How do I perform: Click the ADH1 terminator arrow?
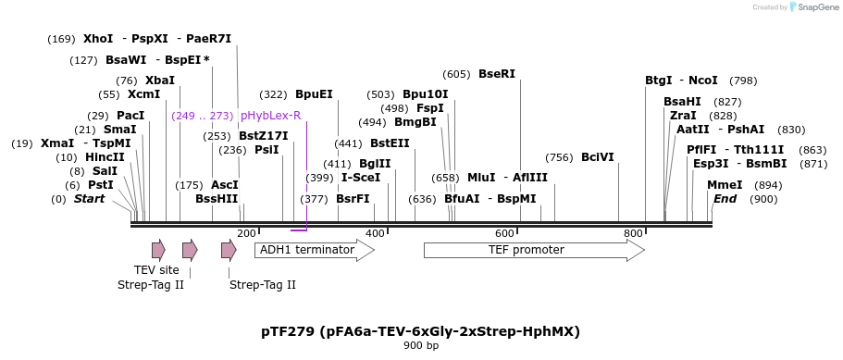pos(314,250)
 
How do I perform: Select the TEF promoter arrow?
pos(533,250)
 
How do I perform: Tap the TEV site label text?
pos(156,270)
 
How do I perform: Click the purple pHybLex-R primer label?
pos(270,116)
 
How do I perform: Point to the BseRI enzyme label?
pos(497,74)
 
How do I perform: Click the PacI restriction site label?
pos(130,116)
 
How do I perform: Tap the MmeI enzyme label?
pos(725,185)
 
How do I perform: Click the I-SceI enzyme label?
pos(361,178)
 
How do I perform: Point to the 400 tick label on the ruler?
pos(376,233)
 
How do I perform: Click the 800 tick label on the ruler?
pos(633,233)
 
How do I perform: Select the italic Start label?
pos(90,199)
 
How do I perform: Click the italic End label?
pos(725,199)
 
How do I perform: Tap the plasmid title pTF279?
pos(421,330)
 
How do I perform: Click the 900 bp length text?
pos(421,346)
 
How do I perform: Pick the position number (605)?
pos(456,74)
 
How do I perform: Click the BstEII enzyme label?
pos(391,143)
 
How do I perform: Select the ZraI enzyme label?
pos(683,116)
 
